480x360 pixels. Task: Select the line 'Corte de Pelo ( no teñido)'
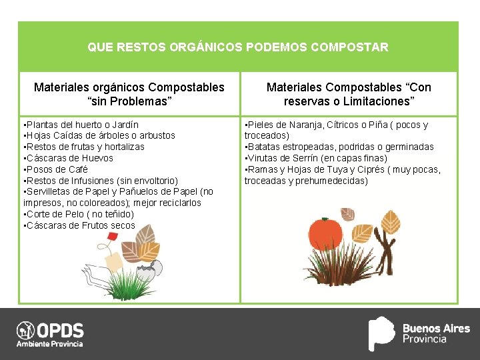pos(79,214)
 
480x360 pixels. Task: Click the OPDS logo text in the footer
pos(60,330)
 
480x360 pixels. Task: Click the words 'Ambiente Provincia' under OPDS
pos(50,344)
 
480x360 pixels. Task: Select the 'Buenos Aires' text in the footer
pos(436,329)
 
